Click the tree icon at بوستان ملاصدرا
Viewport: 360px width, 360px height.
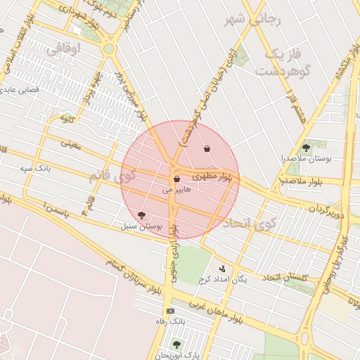(x=306, y=148)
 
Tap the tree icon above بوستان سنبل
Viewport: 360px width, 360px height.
(x=142, y=215)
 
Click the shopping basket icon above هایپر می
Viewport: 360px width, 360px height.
(x=176, y=180)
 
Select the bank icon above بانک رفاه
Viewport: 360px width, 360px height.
(x=170, y=311)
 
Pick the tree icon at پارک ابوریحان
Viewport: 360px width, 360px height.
(x=176, y=345)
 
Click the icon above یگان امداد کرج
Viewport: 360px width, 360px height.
(x=223, y=268)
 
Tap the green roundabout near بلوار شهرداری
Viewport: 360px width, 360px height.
(x=108, y=49)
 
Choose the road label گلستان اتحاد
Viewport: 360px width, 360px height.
(x=285, y=277)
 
